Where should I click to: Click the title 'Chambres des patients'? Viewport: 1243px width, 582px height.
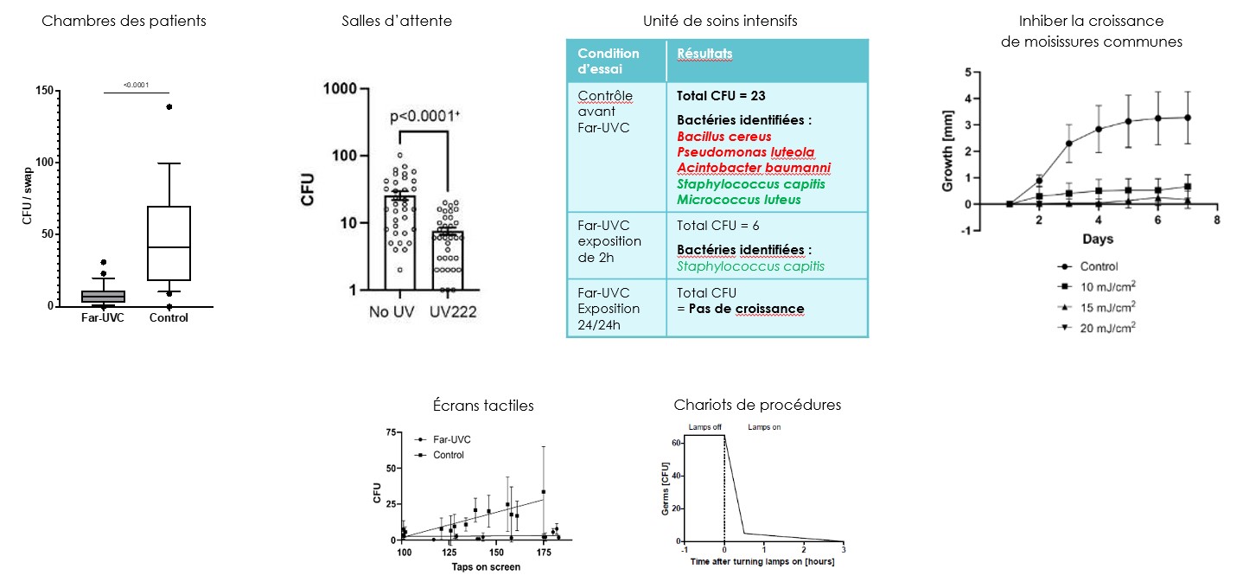(x=124, y=21)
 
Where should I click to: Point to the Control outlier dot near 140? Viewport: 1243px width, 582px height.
(x=169, y=107)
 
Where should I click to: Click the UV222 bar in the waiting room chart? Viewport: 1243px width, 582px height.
(x=449, y=260)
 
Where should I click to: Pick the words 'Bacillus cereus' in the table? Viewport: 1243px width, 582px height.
(x=723, y=137)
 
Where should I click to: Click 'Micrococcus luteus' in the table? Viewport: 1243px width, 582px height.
(x=739, y=199)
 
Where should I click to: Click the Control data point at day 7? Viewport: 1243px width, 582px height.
(x=1189, y=118)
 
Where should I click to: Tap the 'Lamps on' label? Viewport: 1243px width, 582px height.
(x=763, y=427)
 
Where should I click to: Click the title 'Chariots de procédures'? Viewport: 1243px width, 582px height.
(x=756, y=405)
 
